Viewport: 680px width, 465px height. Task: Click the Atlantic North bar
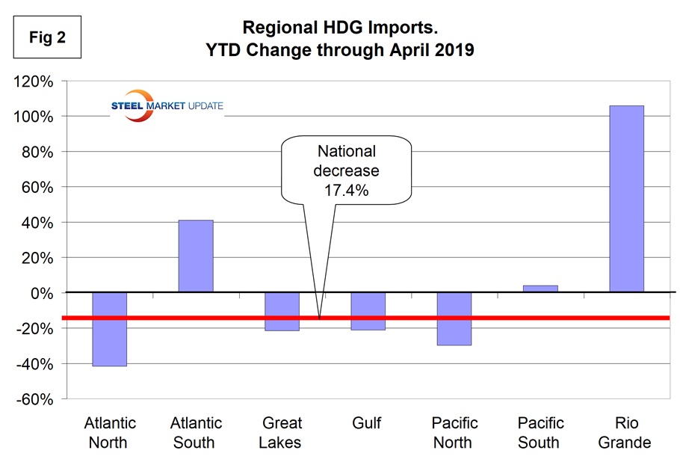pos(109,329)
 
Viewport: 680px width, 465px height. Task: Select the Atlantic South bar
pos(196,256)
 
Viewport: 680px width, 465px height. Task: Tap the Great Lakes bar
pos(282,311)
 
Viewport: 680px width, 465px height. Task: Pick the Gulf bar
pos(368,311)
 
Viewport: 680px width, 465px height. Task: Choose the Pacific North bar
pos(454,318)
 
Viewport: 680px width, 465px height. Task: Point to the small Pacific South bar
pos(540,289)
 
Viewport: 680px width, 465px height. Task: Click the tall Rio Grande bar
pos(626,199)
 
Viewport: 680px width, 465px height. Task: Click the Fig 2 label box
pos(47,37)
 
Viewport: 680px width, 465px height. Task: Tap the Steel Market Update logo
pos(166,105)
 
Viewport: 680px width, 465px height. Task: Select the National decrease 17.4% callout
pos(347,170)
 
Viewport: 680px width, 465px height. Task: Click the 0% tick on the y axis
pos(42,293)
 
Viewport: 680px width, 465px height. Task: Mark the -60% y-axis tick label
pos(34,399)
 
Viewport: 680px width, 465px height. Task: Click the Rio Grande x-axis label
pos(625,433)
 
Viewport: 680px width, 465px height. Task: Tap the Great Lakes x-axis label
pos(281,433)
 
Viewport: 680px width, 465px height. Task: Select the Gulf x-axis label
pos(367,424)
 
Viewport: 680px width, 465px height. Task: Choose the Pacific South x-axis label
pos(539,433)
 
